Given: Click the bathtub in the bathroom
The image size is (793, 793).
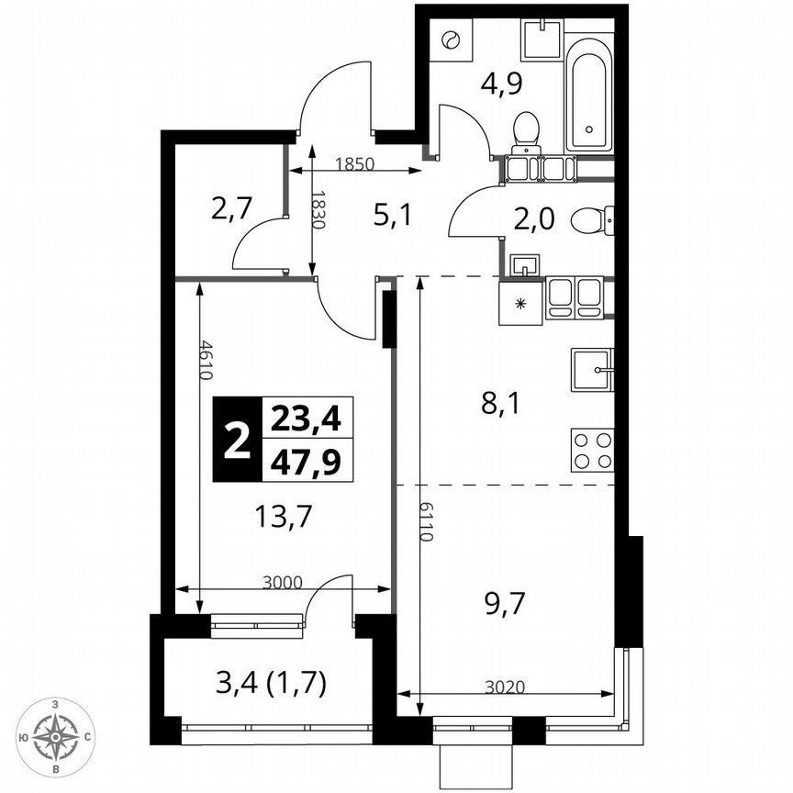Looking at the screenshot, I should [587, 92].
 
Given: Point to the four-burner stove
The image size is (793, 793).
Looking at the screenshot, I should [592, 450].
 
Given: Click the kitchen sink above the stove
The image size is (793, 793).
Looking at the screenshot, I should [592, 370].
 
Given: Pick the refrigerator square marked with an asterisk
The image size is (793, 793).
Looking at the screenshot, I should [520, 303].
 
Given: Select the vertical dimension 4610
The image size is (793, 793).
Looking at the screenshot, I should [209, 361].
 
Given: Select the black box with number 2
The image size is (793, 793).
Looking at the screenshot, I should [236, 440].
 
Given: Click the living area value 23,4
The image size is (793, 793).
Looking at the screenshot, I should [305, 419].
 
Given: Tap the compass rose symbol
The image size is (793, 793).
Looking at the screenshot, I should [56, 736].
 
